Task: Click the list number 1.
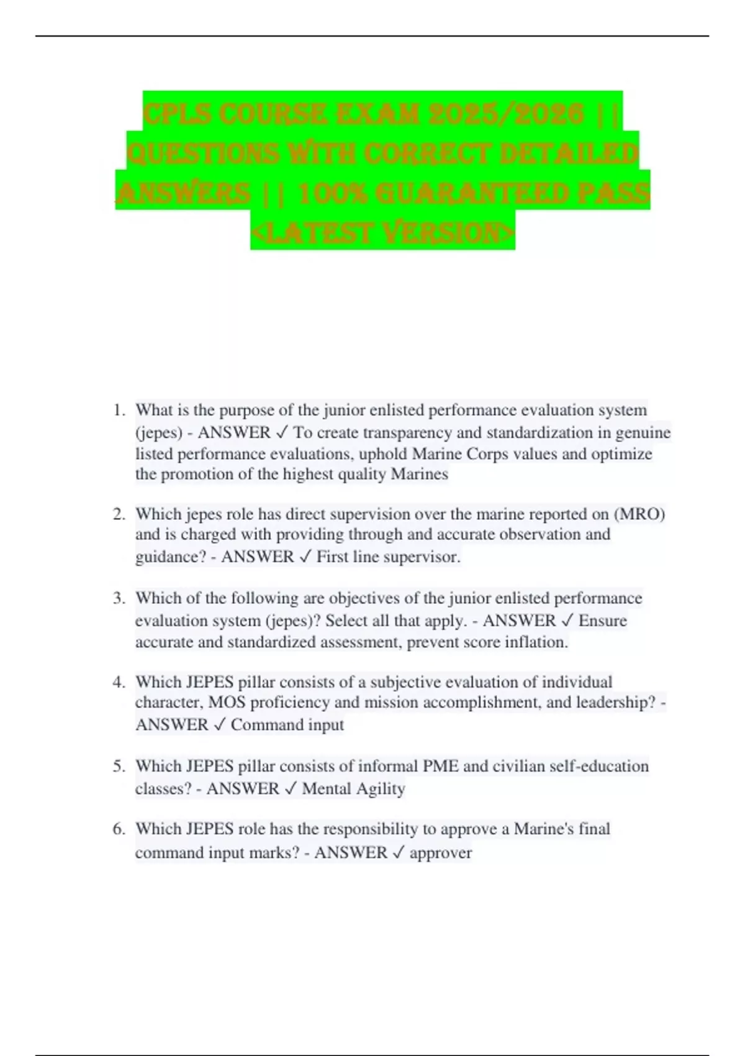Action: (x=119, y=411)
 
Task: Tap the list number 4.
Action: (x=119, y=682)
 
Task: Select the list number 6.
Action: (x=119, y=829)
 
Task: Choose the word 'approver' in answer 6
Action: (x=440, y=853)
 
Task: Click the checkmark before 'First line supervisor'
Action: (x=305, y=557)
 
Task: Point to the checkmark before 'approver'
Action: (x=398, y=853)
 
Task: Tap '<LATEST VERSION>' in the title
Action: (x=382, y=232)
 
